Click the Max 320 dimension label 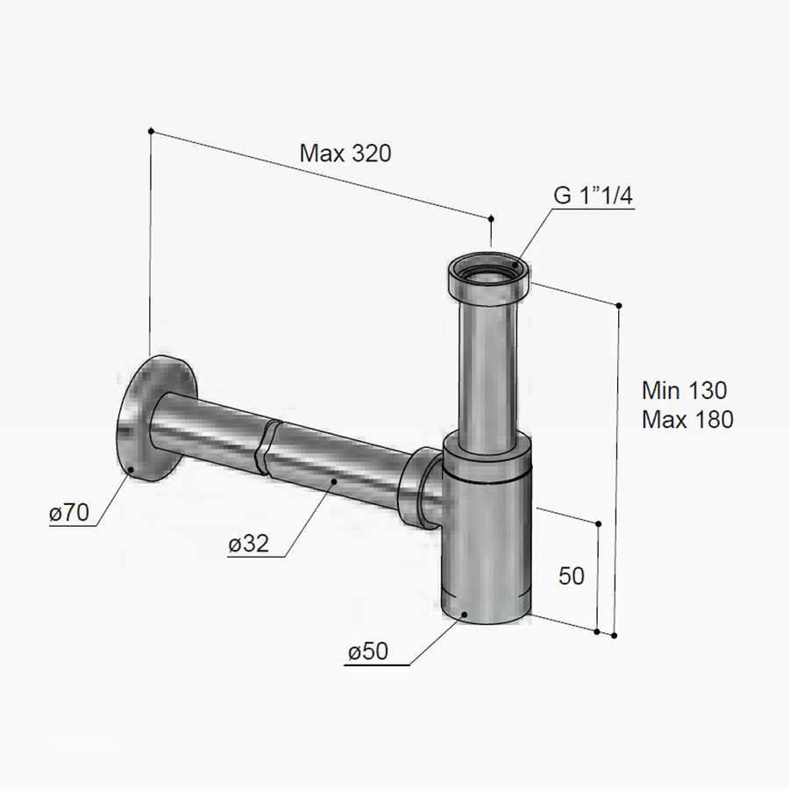click(345, 153)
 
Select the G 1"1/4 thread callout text click(593, 195)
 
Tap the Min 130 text click(685, 390)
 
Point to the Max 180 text click(687, 419)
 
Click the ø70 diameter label click(69, 513)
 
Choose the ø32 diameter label click(248, 544)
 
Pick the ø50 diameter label click(368, 651)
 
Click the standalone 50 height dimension click(571, 576)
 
